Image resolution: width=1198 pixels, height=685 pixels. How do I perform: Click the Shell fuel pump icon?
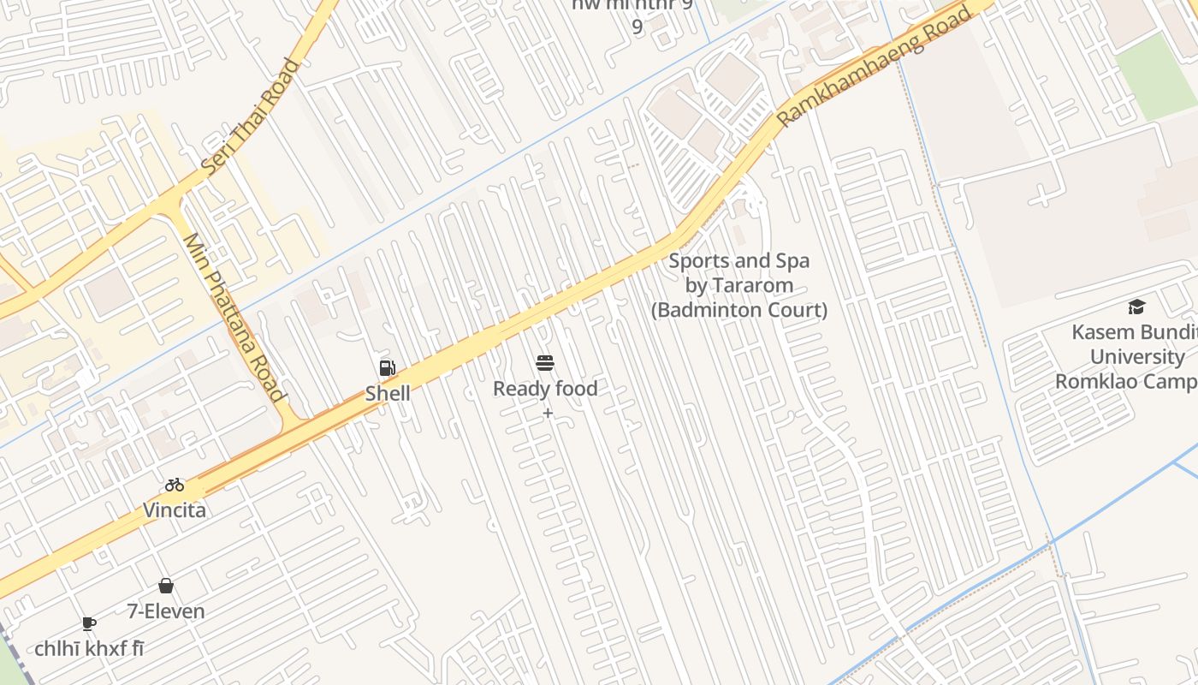(x=388, y=368)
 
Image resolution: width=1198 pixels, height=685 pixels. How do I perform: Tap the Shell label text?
(x=388, y=394)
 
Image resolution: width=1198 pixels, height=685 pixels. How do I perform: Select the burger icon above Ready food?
(x=545, y=363)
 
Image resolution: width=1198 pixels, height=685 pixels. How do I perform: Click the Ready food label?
(x=545, y=389)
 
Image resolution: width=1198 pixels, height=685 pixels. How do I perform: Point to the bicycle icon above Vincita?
(x=175, y=485)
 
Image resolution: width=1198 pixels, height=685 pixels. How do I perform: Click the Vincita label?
(x=175, y=510)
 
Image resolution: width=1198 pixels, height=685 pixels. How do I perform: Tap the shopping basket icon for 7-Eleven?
(x=166, y=586)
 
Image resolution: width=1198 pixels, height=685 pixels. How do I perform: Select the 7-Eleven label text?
(x=166, y=611)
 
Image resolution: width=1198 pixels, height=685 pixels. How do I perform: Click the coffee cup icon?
(x=89, y=623)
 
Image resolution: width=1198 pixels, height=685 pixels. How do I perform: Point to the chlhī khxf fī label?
(x=89, y=649)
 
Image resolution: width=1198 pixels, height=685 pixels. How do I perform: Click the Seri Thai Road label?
(x=251, y=117)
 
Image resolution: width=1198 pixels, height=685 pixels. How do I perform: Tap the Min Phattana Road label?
(x=234, y=318)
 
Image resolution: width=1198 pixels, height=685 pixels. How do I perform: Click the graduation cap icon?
(x=1136, y=307)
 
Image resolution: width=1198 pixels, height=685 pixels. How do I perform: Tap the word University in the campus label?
(x=1137, y=357)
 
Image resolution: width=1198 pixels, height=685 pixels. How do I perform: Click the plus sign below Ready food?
(x=548, y=414)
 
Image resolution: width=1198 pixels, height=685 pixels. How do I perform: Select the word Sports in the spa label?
(x=700, y=261)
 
